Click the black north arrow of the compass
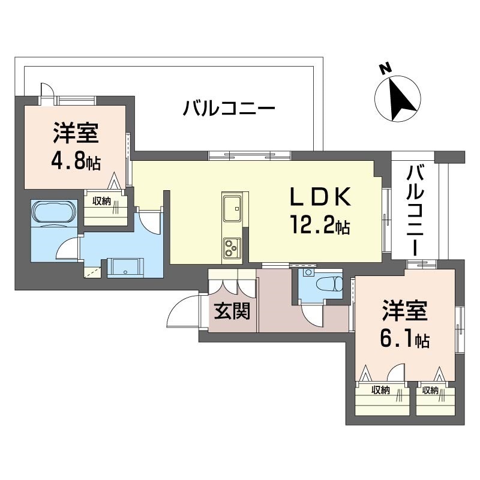coord(400,98)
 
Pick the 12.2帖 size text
coord(318,226)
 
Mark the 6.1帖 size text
coord(404,340)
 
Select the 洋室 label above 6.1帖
coord(404,313)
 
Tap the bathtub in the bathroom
coord(54,213)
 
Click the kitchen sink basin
coord(230,211)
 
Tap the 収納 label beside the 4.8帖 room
coord(102,201)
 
